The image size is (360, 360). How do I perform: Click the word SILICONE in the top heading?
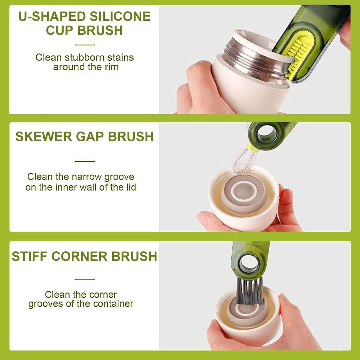[x=120, y=16]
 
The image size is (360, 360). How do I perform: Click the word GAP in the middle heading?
[x=90, y=136]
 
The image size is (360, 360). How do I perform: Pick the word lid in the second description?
[x=131, y=187]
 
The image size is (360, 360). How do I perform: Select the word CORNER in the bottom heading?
[x=79, y=256]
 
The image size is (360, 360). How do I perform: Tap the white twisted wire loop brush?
[x=244, y=161]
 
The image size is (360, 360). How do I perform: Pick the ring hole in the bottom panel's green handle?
[x=249, y=264]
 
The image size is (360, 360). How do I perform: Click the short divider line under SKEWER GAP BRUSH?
[x=85, y=161]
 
